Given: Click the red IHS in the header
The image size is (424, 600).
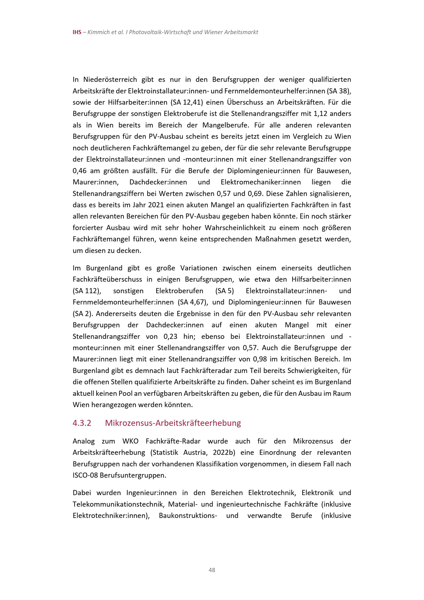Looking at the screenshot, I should pyautogui.click(x=77, y=32).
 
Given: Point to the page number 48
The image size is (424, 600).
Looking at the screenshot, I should pyautogui.click(x=212, y=570).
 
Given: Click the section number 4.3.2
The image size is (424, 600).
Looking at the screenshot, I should pyautogui.click(x=82, y=423).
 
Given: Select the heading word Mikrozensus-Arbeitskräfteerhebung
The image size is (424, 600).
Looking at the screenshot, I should pyautogui.click(x=173, y=423).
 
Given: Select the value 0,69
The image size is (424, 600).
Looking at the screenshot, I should pyautogui.click(x=253, y=194).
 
